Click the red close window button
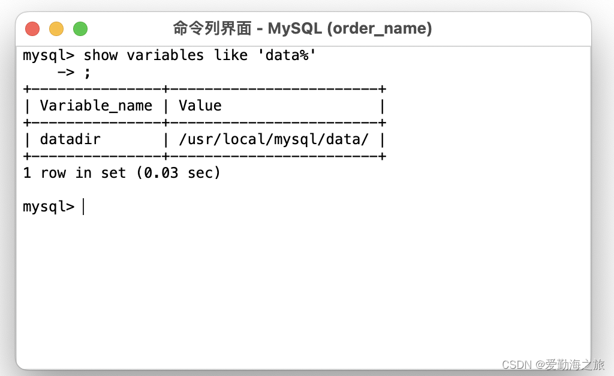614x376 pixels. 32,29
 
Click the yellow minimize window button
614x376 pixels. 56,29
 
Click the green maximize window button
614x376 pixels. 80,29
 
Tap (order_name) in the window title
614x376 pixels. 380,28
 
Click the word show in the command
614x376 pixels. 101,55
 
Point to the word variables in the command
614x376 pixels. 165,55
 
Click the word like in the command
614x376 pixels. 231,55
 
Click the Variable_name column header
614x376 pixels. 96,106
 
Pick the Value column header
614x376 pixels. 200,106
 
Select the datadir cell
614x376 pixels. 70,140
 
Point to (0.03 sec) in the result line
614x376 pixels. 179,174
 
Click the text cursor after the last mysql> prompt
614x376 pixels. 83,207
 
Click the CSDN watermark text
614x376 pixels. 517,365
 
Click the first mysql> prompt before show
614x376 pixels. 49,55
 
